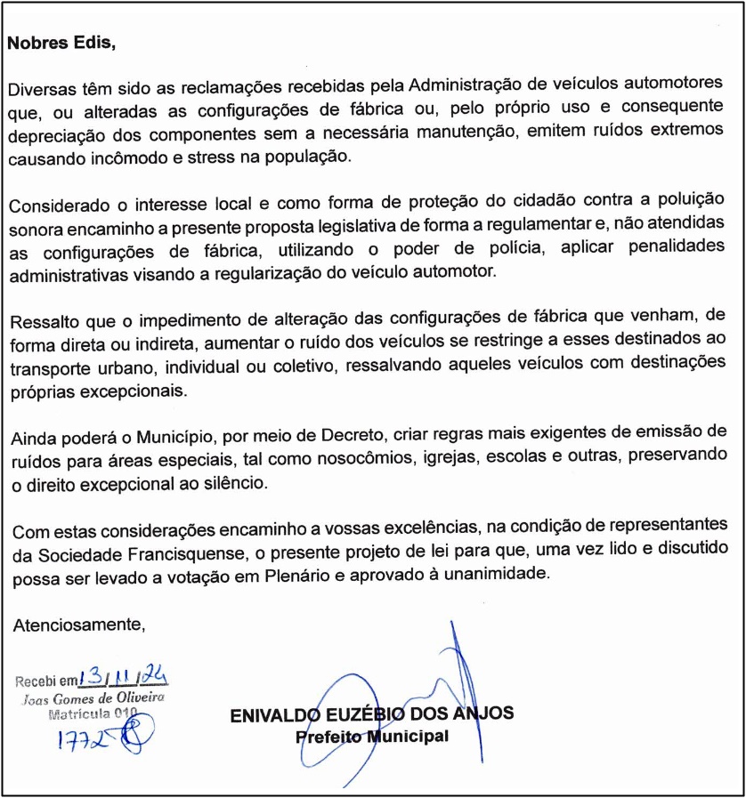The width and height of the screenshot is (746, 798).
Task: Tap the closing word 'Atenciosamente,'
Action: [78, 625]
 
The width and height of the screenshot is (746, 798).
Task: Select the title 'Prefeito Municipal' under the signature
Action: [372, 738]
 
